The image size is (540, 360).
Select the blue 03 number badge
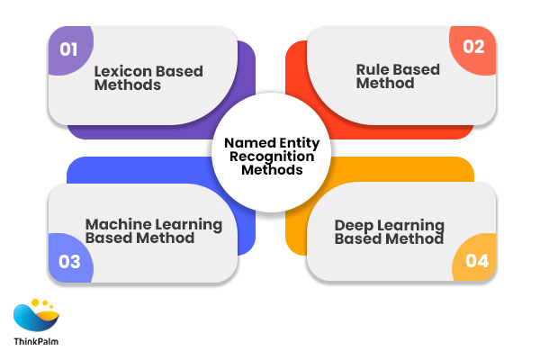[69, 263]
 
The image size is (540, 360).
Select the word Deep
[353, 225]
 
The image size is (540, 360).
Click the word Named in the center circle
[246, 142]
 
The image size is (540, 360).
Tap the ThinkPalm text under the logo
[37, 343]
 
